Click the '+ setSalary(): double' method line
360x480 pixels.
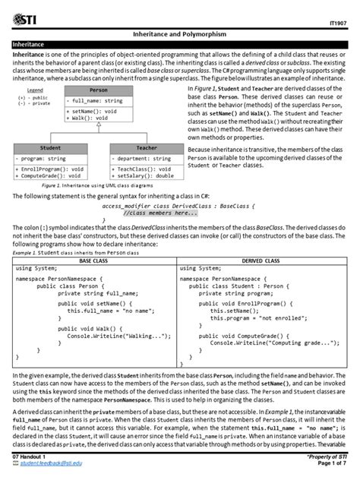(x=144, y=175)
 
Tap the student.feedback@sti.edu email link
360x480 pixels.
(x=53, y=463)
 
